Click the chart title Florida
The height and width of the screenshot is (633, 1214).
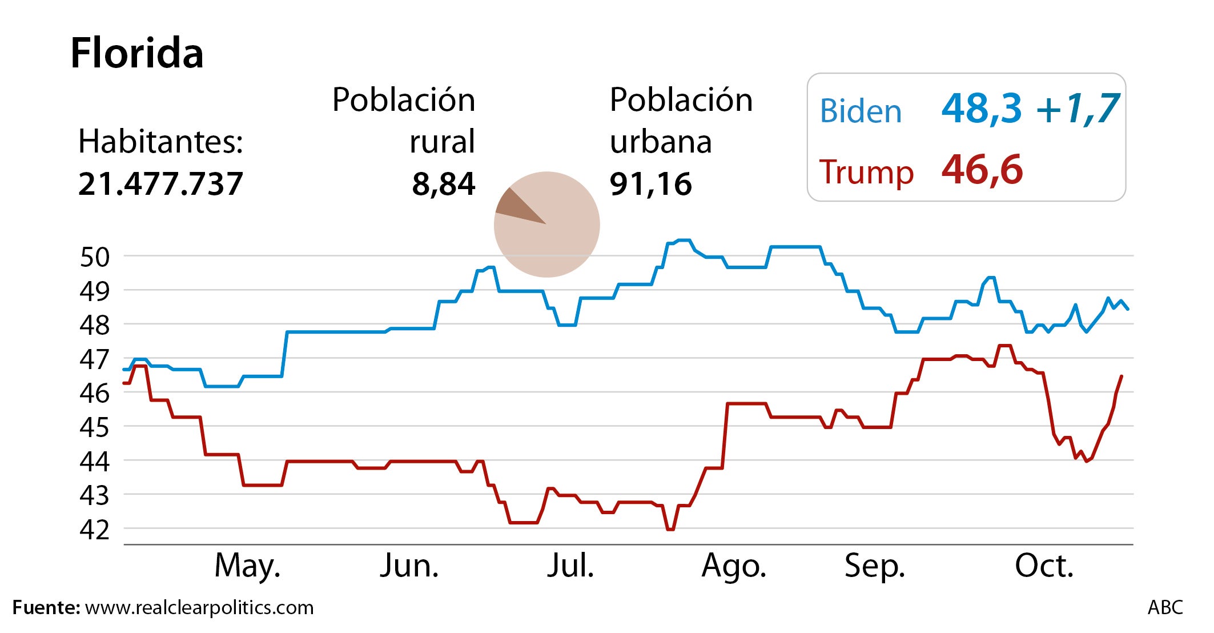pyautogui.click(x=136, y=53)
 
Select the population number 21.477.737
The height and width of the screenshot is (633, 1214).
pyautogui.click(x=160, y=184)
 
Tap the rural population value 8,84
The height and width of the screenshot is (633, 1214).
pyautogui.click(x=443, y=184)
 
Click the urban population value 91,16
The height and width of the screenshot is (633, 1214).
pyautogui.click(x=650, y=184)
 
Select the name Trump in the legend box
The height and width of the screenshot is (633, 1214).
pyautogui.click(x=866, y=171)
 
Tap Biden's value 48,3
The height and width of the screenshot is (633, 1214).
pyautogui.click(x=981, y=109)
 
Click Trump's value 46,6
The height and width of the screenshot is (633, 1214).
pyautogui.click(x=982, y=170)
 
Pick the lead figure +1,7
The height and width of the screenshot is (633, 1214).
pyautogui.click(x=1077, y=109)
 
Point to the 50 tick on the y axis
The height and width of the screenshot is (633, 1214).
pyautogui.click(x=94, y=258)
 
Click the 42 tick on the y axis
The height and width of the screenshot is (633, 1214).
pyautogui.click(x=94, y=530)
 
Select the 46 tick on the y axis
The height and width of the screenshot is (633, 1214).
pyautogui.click(x=94, y=394)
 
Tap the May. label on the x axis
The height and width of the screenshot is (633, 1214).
pyautogui.click(x=247, y=566)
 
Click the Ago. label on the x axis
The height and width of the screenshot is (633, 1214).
pyautogui.click(x=733, y=566)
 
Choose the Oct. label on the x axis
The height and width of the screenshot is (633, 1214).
pyautogui.click(x=1044, y=566)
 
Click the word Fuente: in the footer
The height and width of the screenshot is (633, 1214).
pyautogui.click(x=46, y=607)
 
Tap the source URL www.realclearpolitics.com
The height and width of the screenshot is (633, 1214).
pyautogui.click(x=199, y=607)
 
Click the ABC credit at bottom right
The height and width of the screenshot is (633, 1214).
pyautogui.click(x=1165, y=607)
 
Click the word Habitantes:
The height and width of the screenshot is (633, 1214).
pyautogui.click(x=160, y=142)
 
